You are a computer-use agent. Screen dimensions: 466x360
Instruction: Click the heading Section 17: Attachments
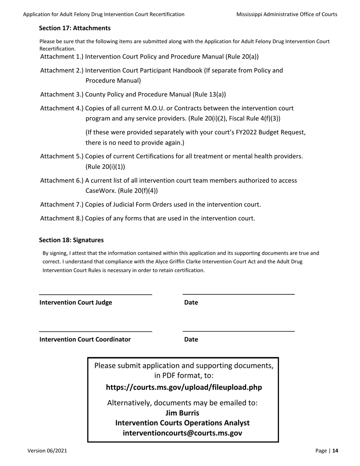(x=75, y=28)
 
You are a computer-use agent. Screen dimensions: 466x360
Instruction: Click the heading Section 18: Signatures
(x=71, y=240)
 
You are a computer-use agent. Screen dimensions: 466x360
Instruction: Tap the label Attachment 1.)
(x=62, y=57)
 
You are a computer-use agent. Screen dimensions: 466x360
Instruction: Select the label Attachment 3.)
(x=62, y=94)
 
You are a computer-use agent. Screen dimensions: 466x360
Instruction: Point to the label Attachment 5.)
(x=62, y=156)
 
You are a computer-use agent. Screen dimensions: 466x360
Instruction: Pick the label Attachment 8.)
(x=62, y=218)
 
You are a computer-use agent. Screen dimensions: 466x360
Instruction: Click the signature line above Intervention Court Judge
(x=95, y=294)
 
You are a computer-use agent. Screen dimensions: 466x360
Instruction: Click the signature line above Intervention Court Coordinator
(x=95, y=331)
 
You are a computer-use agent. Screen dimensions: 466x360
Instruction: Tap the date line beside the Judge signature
(x=239, y=294)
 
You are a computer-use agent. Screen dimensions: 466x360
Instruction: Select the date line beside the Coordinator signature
(x=239, y=331)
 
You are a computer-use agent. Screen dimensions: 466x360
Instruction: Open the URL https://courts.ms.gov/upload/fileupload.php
(x=184, y=388)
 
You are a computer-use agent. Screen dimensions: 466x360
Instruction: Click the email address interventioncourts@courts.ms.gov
(x=183, y=433)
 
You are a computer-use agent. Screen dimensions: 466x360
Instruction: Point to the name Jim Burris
(x=183, y=413)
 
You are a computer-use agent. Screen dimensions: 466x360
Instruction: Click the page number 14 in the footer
(x=335, y=451)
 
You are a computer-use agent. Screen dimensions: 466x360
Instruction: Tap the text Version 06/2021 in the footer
(x=47, y=451)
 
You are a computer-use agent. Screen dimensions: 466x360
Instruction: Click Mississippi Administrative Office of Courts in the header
(x=287, y=14)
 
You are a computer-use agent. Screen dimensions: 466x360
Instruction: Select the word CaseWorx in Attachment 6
(x=100, y=191)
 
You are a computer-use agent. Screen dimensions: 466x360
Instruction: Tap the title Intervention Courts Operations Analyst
(x=183, y=423)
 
